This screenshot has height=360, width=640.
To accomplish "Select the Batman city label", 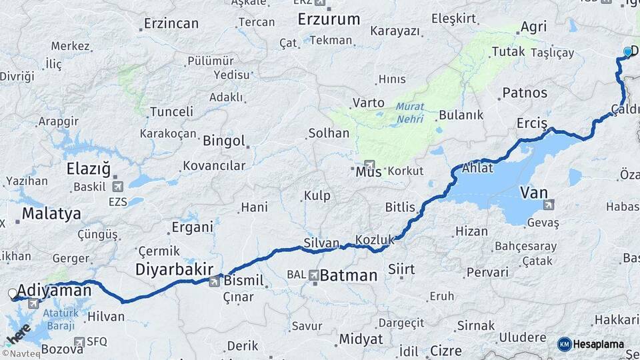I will coord(348,275).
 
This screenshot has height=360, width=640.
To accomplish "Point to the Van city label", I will coord(533,193).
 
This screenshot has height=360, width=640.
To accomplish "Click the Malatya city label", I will coord(51,214).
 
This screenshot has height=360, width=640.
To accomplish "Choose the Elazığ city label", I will coord(88,169).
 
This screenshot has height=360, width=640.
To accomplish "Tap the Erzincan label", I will coord(171,24).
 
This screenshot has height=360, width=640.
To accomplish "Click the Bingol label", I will coord(223,141).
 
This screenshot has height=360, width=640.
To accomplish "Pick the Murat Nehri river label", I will coord(409,113).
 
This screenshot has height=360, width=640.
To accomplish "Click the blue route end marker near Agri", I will coord(627,51).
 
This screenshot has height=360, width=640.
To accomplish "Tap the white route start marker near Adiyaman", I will coord(12,293).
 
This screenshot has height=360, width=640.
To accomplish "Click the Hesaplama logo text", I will coord(598,345).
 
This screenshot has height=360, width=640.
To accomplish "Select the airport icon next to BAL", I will coord(313,274).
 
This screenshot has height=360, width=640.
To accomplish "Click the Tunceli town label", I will coord(171,112).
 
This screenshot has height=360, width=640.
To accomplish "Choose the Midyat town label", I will coord(361,339).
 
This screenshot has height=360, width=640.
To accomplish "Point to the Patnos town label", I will coord(525,93).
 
